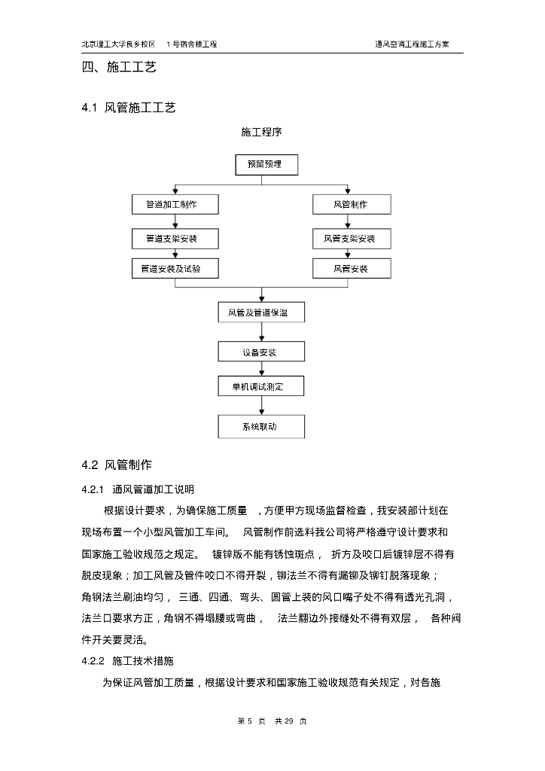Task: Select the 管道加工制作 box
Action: (175, 204)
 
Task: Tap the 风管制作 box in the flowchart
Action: (350, 204)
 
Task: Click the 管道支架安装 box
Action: (175, 239)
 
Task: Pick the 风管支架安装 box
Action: (350, 239)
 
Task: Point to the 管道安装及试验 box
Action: (175, 269)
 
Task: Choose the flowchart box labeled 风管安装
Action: (350, 269)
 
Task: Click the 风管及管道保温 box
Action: (262, 312)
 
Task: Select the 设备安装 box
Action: (262, 352)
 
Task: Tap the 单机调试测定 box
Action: (262, 387)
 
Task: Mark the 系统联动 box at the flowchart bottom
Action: (262, 426)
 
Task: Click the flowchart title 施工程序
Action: (261, 132)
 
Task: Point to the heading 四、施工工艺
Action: (119, 68)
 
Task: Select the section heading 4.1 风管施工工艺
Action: (129, 108)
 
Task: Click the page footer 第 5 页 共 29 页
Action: (272, 721)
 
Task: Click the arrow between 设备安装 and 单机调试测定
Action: (261, 369)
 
